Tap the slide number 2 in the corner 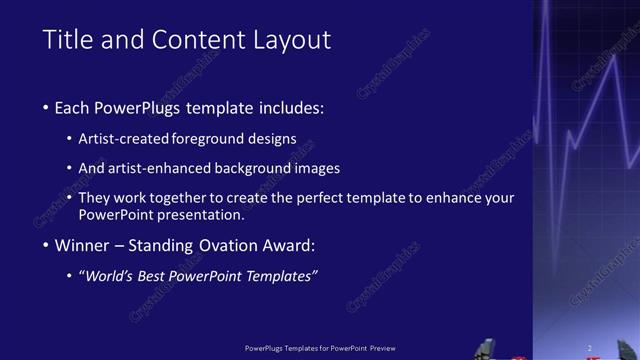[x=590, y=348]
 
